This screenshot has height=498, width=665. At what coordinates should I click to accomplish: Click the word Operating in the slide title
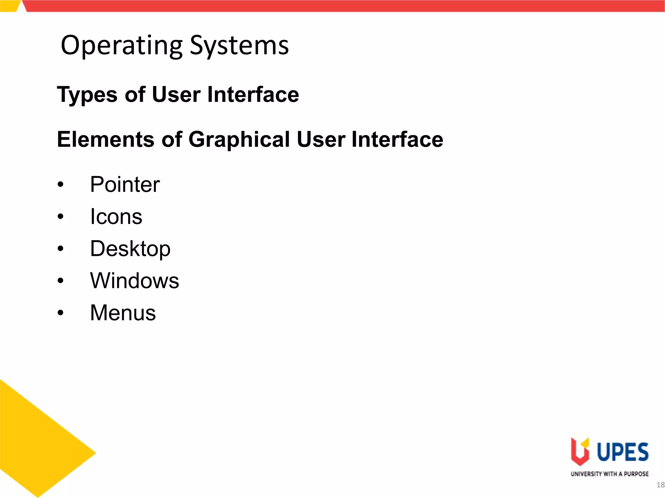point(122,45)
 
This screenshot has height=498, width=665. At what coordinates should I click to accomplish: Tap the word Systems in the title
point(239,45)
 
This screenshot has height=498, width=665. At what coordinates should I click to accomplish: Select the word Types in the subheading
point(87,95)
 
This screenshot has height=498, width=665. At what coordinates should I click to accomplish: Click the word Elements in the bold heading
point(106,139)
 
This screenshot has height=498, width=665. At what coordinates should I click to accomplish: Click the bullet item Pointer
point(125,184)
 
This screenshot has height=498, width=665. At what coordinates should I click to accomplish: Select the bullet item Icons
point(116,216)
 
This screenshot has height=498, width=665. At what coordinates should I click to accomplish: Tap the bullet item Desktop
point(130,249)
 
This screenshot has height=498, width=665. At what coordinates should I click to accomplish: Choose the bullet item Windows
point(134,280)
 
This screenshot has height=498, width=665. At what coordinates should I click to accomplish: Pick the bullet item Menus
point(123,313)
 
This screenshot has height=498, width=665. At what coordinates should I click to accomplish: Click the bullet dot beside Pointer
point(60,184)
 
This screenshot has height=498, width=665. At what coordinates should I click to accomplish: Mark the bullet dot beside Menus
point(60,313)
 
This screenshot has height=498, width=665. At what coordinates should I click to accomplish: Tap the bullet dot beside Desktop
point(60,249)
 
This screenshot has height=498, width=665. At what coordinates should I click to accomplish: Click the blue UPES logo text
point(623,452)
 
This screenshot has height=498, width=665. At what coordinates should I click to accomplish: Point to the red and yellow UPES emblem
point(580,451)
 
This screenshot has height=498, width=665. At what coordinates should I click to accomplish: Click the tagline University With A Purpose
point(609,474)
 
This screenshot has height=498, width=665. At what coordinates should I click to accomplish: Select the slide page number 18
point(660,485)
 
